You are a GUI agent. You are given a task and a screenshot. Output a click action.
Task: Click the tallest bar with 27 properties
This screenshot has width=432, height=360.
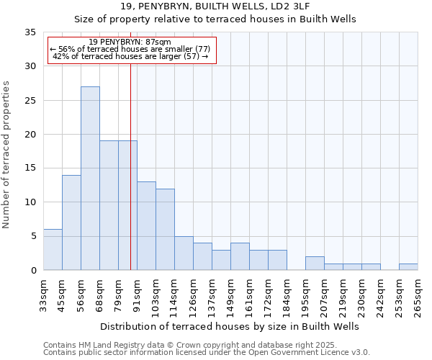pos(90,179)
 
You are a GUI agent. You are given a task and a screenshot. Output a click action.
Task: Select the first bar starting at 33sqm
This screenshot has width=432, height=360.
pos(53,250)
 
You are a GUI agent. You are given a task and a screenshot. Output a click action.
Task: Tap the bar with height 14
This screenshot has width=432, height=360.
pos(71,222)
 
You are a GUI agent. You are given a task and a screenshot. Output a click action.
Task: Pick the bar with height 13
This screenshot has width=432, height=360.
pos(146,226)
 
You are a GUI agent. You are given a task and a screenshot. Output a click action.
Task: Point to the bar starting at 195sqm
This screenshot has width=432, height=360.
pos(315,264)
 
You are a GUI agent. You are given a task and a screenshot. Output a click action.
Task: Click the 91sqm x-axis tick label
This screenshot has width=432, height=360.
pos(138,294)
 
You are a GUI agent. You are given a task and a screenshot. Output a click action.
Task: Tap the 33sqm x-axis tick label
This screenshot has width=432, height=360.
pos(44,294)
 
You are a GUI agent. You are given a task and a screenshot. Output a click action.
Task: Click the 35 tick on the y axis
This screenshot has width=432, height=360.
pos(31,32)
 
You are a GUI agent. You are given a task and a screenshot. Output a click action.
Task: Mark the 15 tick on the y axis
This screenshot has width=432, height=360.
pos(31,168)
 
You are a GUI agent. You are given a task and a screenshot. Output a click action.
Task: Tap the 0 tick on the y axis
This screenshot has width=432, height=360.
pos(34,271)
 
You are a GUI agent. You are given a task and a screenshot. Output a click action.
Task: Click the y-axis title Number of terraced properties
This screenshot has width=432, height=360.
pos(7,155)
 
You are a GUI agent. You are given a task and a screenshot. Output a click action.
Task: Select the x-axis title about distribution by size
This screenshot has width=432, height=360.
pos(230,326)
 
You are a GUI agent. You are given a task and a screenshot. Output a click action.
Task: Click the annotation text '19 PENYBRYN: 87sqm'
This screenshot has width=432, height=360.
pos(131,42)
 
